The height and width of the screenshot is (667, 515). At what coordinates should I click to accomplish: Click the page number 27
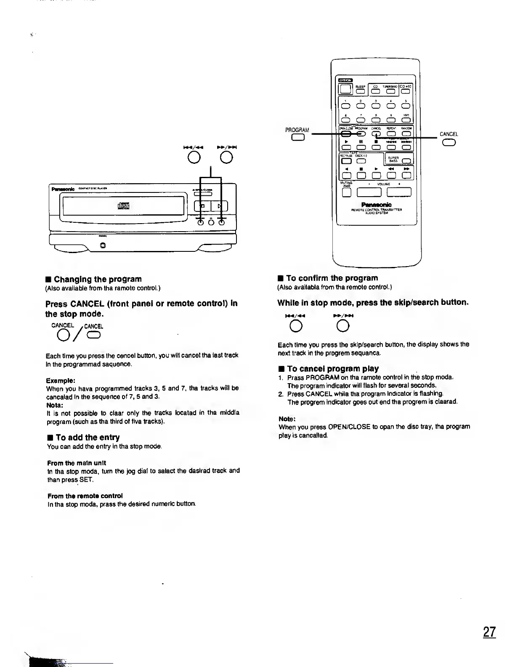coord(489,632)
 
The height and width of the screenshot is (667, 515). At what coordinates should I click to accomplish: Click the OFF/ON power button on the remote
coord(346,89)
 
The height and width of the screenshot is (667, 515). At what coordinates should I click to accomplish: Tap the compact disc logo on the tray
coord(124,206)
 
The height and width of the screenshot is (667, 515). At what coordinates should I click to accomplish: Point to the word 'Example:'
coord(61,380)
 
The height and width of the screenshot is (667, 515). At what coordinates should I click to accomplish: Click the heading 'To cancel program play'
coord(332,368)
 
